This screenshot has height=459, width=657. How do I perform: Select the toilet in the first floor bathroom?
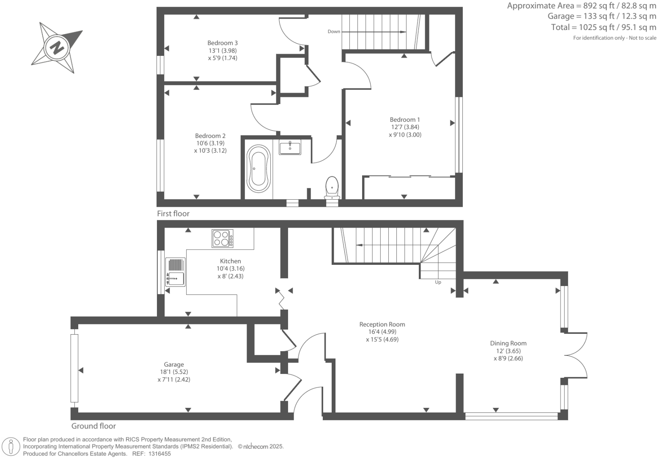pyautogui.click(x=332, y=188)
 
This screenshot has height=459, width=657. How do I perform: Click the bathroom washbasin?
pyautogui.click(x=290, y=147)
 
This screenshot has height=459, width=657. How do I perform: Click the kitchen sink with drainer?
pyautogui.click(x=176, y=272)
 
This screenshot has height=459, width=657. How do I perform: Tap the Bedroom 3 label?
pyautogui.click(x=223, y=43)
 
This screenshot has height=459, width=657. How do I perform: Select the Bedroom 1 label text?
pyautogui.click(x=405, y=120)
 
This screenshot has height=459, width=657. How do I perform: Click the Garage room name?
pyautogui.click(x=174, y=364)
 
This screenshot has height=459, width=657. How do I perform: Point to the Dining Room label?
pyautogui.click(x=508, y=344)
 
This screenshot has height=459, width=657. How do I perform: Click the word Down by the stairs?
pyautogui.click(x=334, y=32)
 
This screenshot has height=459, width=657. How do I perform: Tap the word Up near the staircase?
pyautogui.click(x=438, y=282)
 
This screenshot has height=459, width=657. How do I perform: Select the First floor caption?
pyautogui.click(x=173, y=214)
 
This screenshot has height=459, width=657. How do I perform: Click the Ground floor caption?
pyautogui.click(x=93, y=426)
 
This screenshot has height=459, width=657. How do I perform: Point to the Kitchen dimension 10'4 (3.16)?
pyautogui.click(x=231, y=269)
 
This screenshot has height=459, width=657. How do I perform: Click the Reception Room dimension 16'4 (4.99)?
pyautogui.click(x=382, y=332)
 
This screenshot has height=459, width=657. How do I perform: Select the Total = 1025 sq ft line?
pyautogui.click(x=603, y=27)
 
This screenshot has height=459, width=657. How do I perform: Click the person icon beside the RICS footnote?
pyautogui.click(x=11, y=447)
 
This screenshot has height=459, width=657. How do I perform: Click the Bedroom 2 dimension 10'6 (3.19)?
pyautogui.click(x=210, y=143)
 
